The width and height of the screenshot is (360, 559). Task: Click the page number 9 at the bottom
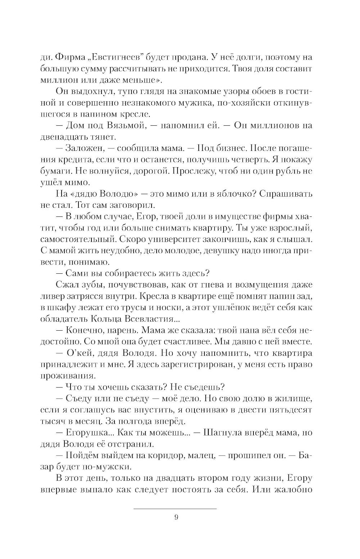coord(176,518)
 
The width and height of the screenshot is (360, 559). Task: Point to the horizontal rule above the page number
coord(175,508)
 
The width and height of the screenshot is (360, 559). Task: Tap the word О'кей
coord(81,353)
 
